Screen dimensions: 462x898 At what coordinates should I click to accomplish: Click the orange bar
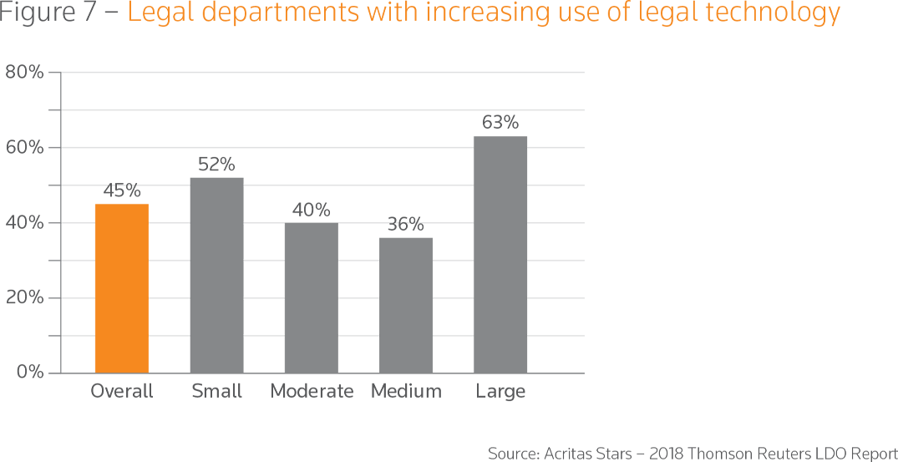[x=122, y=284]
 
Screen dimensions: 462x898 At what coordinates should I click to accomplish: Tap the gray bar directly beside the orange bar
[x=216, y=267]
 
